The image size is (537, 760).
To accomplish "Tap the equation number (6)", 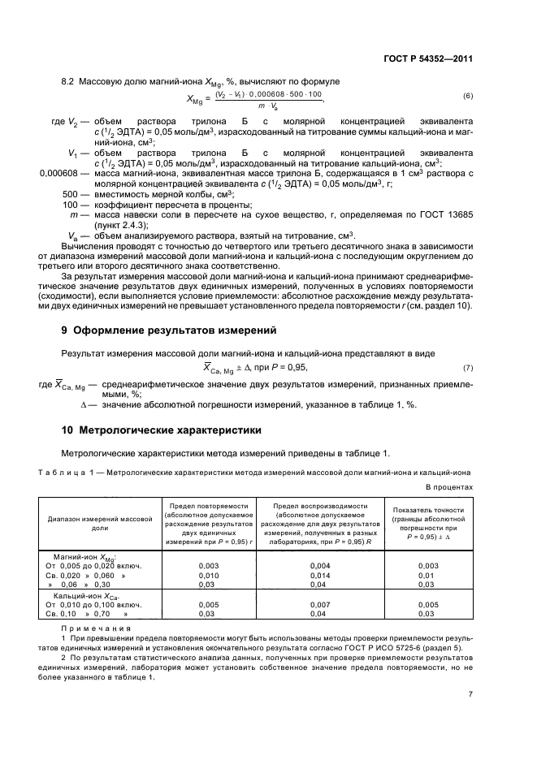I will point(467,97).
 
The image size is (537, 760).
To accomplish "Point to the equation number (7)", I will point(467,368).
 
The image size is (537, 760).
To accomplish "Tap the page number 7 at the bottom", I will point(470,693).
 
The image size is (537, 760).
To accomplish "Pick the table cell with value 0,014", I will point(320,573).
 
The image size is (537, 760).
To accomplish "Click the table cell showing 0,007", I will point(320,605).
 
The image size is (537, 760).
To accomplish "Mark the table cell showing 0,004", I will point(320,564).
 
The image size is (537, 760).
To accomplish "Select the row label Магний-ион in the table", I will point(82,555).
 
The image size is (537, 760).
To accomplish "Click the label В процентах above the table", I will point(449,486).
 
